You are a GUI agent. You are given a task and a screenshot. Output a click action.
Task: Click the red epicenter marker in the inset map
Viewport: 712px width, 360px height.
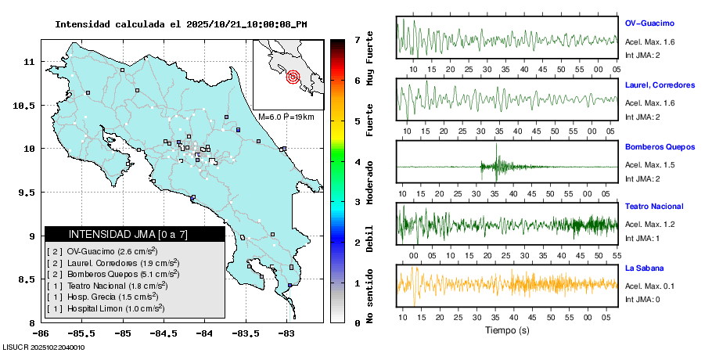(293, 77)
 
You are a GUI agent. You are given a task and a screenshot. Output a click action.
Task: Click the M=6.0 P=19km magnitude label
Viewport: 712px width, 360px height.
(286, 117)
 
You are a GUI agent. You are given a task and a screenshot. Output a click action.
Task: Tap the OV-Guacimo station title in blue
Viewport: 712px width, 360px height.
(649, 23)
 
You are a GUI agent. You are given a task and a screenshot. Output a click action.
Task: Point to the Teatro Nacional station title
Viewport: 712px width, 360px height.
(654, 207)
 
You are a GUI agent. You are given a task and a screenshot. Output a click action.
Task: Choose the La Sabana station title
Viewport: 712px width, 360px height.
(644, 268)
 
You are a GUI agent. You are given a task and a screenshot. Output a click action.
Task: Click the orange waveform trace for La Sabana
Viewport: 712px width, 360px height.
(509, 285)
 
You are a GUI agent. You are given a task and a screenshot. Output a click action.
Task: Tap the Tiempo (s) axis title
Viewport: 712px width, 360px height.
(507, 330)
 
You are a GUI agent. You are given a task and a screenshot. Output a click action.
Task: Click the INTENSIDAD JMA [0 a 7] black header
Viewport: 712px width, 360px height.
(135, 234)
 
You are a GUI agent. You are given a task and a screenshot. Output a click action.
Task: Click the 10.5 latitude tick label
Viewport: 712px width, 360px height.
(28, 105)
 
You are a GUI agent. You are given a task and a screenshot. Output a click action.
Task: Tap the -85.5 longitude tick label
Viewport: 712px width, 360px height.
(81, 333)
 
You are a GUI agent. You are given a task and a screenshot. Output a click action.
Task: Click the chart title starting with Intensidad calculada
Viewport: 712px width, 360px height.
(181, 24)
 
